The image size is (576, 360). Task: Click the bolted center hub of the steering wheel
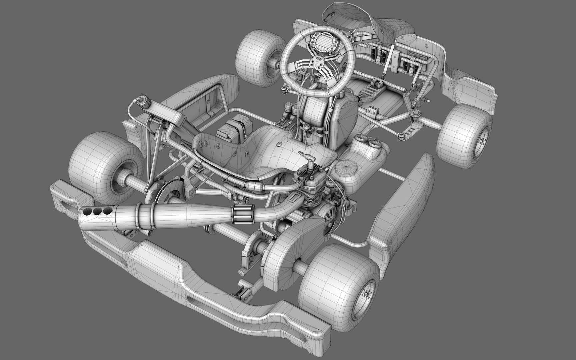point(316,62)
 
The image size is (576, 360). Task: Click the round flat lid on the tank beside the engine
point(346,165)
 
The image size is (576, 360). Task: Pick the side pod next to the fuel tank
point(402,207)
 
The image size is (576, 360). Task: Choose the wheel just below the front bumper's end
point(465,137)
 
